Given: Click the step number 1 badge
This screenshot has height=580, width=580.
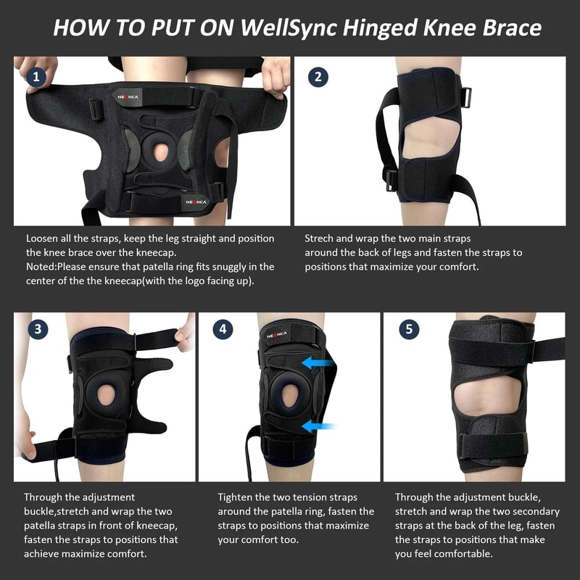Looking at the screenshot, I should click(35, 77).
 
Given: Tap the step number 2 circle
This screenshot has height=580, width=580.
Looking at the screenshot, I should click(317, 77).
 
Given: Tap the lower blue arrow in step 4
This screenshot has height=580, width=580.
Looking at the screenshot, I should click(317, 426).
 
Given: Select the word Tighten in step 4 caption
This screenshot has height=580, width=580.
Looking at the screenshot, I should click(236, 497).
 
